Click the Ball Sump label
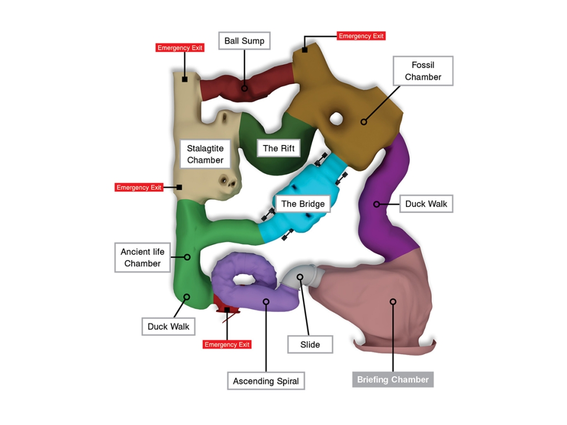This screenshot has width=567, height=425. click(x=244, y=41)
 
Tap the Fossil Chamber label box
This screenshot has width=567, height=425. click(x=422, y=71)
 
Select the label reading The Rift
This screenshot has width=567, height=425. click(x=279, y=148)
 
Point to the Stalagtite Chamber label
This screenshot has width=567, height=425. click(x=205, y=154)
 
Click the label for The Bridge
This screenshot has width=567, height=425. click(x=303, y=204)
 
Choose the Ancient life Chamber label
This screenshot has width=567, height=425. click(x=142, y=258)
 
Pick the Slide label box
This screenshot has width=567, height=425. click(x=310, y=344)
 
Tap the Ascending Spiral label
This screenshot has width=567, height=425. click(x=266, y=381)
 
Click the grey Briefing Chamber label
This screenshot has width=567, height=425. click(x=393, y=380)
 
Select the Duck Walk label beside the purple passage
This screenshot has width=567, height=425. click(x=426, y=204)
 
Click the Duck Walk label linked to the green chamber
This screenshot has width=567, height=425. click(x=168, y=326)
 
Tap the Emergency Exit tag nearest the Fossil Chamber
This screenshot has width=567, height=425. click(x=361, y=36)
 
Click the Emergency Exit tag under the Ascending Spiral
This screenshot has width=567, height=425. click(x=227, y=345)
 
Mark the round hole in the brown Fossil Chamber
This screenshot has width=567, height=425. click(x=336, y=118)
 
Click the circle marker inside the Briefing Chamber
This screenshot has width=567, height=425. click(x=393, y=302)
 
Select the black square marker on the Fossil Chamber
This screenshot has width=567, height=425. click(x=305, y=50)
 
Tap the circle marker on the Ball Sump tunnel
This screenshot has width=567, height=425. click(x=244, y=88)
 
